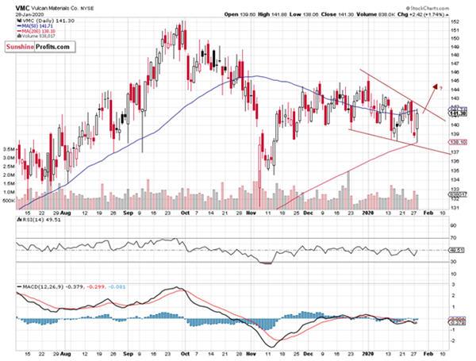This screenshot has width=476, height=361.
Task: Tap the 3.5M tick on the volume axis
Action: (x=10, y=148)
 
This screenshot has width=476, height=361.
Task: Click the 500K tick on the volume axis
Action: (x=10, y=202)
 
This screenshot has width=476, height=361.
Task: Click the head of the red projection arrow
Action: (x=434, y=83)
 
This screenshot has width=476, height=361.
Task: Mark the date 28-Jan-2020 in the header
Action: (x=19, y=14)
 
